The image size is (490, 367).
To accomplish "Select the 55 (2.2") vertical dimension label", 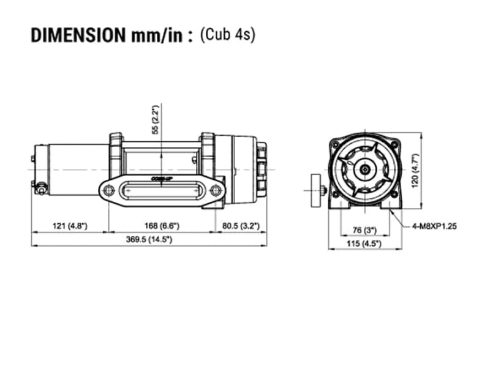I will tap(156, 119).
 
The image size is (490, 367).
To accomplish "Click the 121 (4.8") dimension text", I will tap(70, 226).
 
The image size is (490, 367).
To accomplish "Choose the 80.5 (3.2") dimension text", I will tap(241, 226).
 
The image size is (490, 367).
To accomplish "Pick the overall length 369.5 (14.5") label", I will tap(149, 239).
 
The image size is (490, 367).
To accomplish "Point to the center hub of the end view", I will tap(364, 170).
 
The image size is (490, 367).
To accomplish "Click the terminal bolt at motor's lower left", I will tap(40, 188).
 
